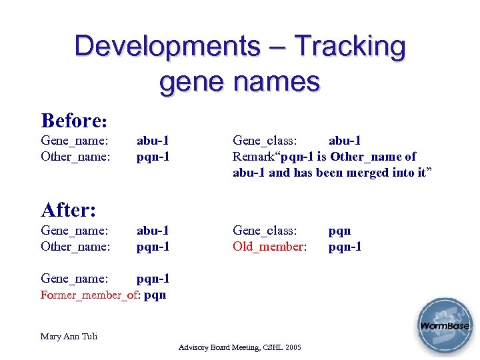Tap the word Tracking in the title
[x=350, y=47]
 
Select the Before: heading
[x=74, y=121]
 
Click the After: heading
[x=69, y=210]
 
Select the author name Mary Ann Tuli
[x=69, y=336]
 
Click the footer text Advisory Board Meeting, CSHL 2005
[x=240, y=348]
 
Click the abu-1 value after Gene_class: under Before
[x=345, y=141]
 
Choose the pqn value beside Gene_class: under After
[x=339, y=231]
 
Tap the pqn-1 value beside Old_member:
[x=345, y=247]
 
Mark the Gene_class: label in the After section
[x=265, y=231]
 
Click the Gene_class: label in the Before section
[x=265, y=141]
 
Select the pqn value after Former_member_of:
[x=155, y=295]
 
